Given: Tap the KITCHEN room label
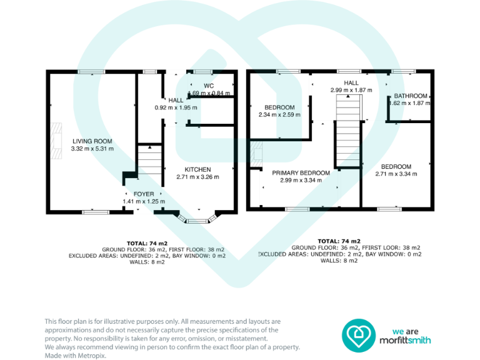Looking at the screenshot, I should coord(197,169).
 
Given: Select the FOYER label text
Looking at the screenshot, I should coord(143,194).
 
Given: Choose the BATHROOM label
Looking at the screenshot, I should coord(411,96).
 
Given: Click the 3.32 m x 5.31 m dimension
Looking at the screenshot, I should coord(92,149).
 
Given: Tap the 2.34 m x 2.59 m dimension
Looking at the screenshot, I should coord(279,115).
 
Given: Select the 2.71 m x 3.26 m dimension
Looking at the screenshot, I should coord(197,177).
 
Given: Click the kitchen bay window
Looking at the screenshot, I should coord(197,219).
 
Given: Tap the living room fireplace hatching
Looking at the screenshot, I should coord(57,139).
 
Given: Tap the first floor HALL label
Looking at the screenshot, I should coord(351,82).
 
